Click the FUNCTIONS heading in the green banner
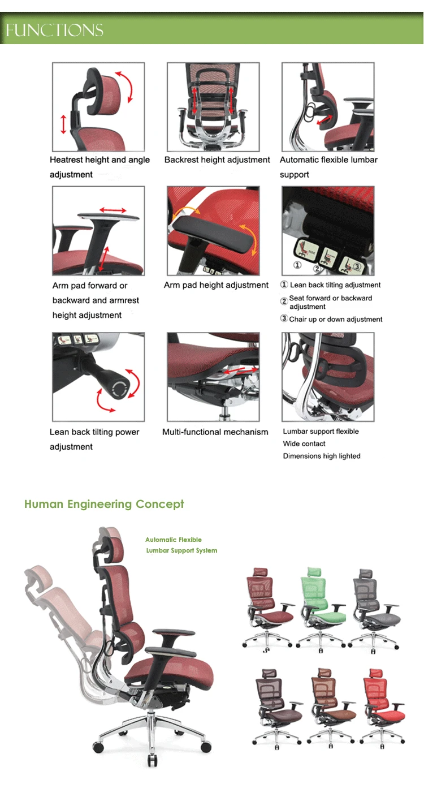55,30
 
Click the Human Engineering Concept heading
104,504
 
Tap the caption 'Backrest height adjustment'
217,160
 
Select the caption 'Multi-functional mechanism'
215,432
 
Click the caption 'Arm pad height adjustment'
216,285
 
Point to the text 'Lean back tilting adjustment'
335,285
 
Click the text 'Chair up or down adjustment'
336,319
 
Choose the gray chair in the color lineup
374,608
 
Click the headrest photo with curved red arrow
98,107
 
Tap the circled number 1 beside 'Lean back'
284,285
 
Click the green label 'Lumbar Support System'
181,550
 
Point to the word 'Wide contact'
304,444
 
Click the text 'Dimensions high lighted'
321,456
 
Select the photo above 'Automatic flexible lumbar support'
328,107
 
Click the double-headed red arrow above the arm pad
109,210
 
